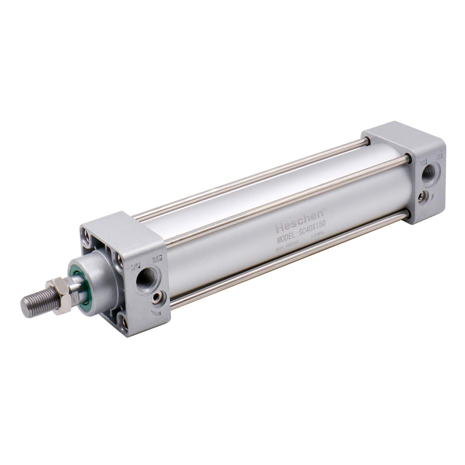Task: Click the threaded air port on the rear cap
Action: tap(427, 174)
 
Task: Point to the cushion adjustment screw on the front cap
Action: tap(157, 298)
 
